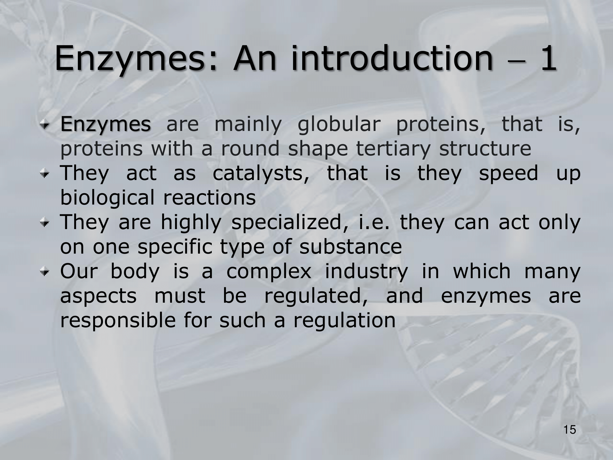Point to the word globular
(339, 124)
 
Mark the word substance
(350, 247)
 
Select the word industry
(367, 272)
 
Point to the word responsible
(118, 321)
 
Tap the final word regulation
(345, 321)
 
